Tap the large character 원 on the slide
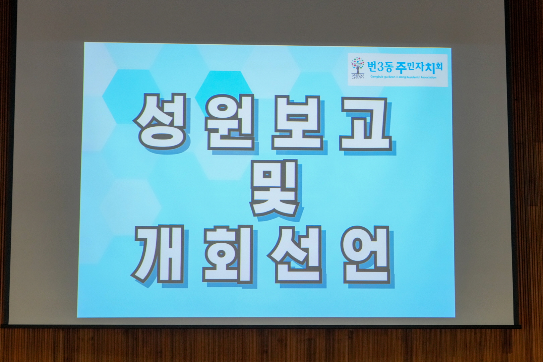click(x=229, y=123)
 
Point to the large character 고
click(x=365, y=124)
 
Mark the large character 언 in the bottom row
click(x=366, y=255)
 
